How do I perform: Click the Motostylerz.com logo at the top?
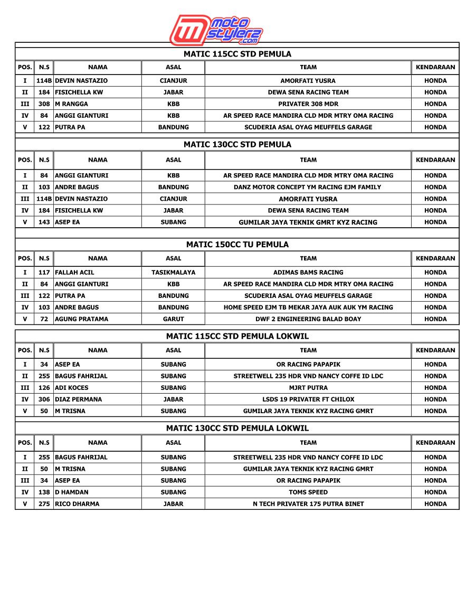pyautogui.click(x=216, y=30)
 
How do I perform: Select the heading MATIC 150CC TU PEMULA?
pyautogui.click(x=237, y=245)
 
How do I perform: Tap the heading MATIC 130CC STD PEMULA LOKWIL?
pyautogui.click(x=237, y=428)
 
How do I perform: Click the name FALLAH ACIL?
pyautogui.click(x=74, y=273)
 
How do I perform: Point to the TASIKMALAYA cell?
pyautogui.click(x=173, y=273)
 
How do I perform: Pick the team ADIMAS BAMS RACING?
pyautogui.click(x=308, y=273)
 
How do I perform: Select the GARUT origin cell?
pyautogui.click(x=173, y=319)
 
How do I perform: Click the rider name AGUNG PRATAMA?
pyautogui.click(x=82, y=319)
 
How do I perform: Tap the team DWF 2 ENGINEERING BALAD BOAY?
pyautogui.click(x=308, y=319)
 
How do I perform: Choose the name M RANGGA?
pyautogui.click(x=72, y=104)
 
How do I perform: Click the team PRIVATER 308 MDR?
pyautogui.click(x=308, y=104)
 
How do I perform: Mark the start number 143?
pyautogui.click(x=44, y=222)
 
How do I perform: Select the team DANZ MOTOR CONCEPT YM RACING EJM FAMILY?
pyautogui.click(x=308, y=187)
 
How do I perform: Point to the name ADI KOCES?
pyautogui.click(x=72, y=388)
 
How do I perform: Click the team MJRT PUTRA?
pyautogui.click(x=308, y=388)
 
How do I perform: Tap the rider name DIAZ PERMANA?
pyautogui.click(x=79, y=399)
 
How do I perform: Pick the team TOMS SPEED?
pyautogui.click(x=308, y=492)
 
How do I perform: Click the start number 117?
pyautogui.click(x=44, y=273)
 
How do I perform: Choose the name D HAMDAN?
pyautogui.click(x=72, y=492)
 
